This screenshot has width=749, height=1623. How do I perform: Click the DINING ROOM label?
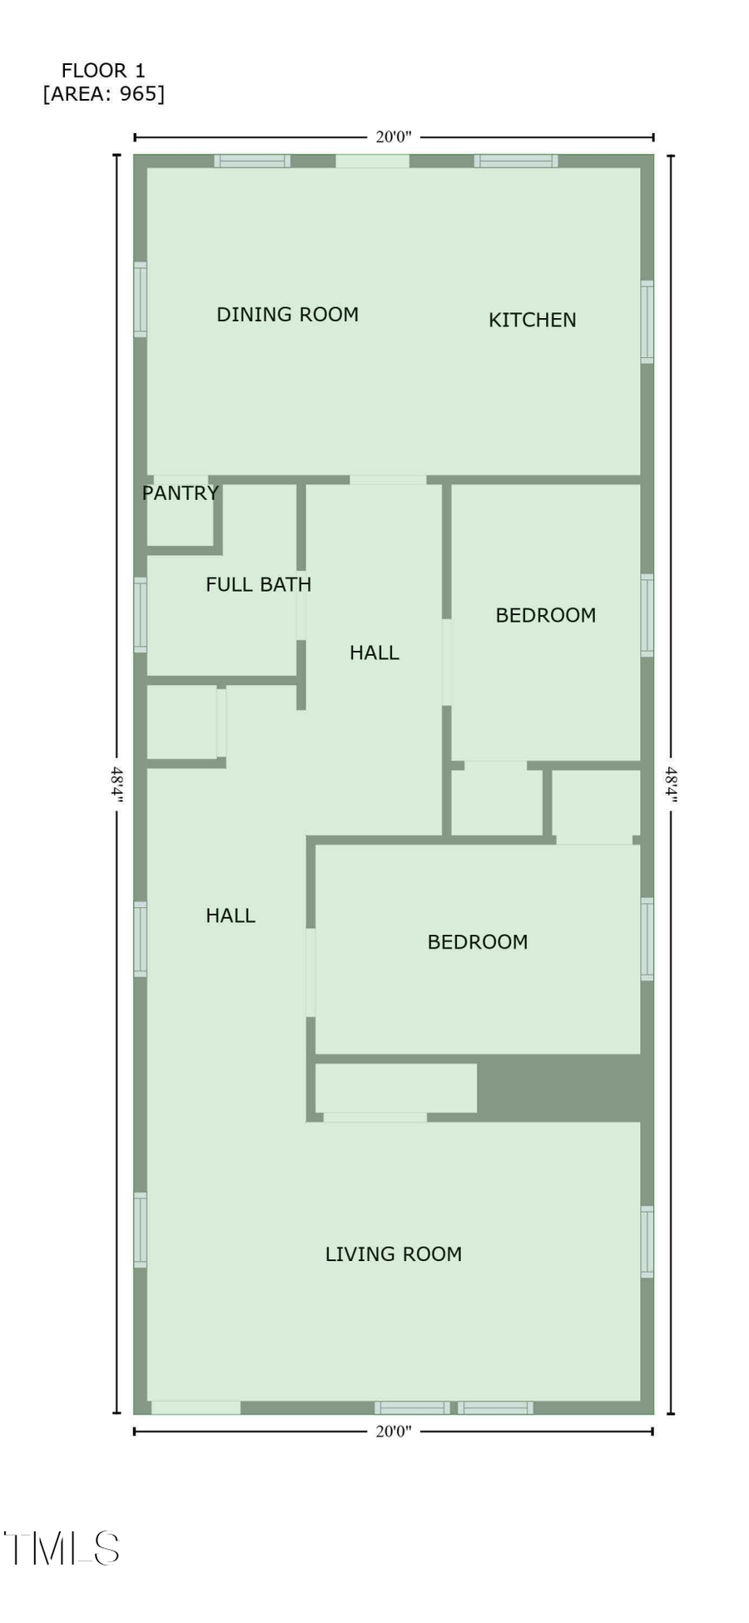pyautogui.click(x=287, y=315)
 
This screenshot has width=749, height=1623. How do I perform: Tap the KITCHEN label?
pyautogui.click(x=532, y=320)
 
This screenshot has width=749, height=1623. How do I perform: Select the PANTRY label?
pyautogui.click(x=180, y=493)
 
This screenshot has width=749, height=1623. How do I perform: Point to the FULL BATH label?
pyautogui.click(x=258, y=584)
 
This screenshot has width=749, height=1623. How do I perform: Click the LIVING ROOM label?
pyautogui.click(x=393, y=1254)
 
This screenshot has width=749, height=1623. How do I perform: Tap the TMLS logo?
pyautogui.click(x=62, y=1549)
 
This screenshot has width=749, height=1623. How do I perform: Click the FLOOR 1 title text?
pyautogui.click(x=103, y=71)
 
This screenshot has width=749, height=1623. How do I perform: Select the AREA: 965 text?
pyautogui.click(x=104, y=94)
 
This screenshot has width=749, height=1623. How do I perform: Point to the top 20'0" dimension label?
pyautogui.click(x=393, y=137)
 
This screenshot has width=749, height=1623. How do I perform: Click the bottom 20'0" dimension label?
pyautogui.click(x=393, y=1432)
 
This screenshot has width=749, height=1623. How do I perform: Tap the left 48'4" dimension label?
pyautogui.click(x=117, y=784)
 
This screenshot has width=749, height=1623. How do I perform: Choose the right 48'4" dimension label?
pyautogui.click(x=671, y=784)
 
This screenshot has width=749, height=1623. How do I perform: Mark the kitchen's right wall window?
pyautogui.click(x=647, y=322)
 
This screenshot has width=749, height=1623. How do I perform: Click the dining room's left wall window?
pyautogui.click(x=141, y=300)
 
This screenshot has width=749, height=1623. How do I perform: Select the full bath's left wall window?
pyautogui.click(x=141, y=614)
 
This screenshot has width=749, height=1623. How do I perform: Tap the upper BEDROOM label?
pyautogui.click(x=545, y=615)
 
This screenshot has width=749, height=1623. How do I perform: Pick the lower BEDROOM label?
pyautogui.click(x=477, y=942)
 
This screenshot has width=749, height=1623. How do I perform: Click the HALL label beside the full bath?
pyautogui.click(x=374, y=653)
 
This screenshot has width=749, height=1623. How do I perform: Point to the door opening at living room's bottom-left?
pyautogui.click(x=196, y=1407)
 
